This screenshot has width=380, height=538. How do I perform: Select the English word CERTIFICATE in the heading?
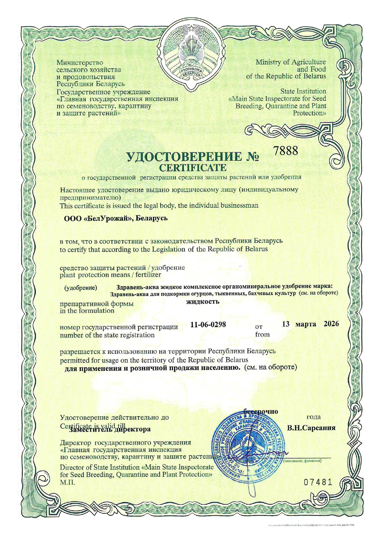(193, 168)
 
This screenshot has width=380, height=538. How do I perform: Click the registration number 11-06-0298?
(208, 325)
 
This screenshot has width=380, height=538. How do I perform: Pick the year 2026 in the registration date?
(331, 324)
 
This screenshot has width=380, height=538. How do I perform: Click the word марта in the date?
(306, 324)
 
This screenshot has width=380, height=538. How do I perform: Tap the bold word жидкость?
(203, 301)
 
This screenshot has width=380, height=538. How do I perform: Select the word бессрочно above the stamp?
(261, 411)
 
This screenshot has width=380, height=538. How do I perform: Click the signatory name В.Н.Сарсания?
(311, 428)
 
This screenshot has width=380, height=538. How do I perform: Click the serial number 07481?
(318, 482)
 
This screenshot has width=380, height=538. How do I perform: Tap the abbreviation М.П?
(67, 482)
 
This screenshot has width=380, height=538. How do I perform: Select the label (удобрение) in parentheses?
(81, 288)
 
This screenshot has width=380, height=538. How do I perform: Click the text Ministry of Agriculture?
(291, 62)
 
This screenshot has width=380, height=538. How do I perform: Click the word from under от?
(262, 334)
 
